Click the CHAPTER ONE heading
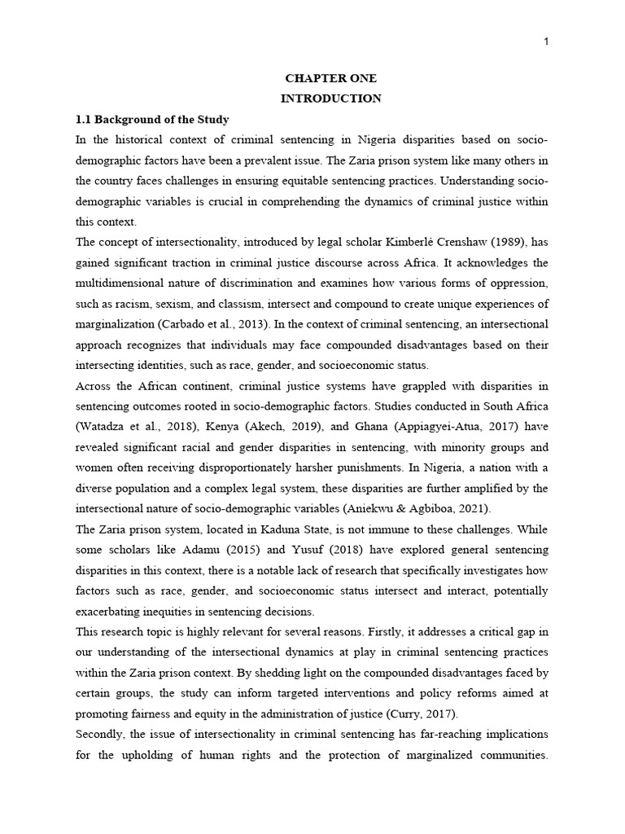(x=330, y=79)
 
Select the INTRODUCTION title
(x=330, y=99)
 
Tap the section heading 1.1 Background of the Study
(x=153, y=119)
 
